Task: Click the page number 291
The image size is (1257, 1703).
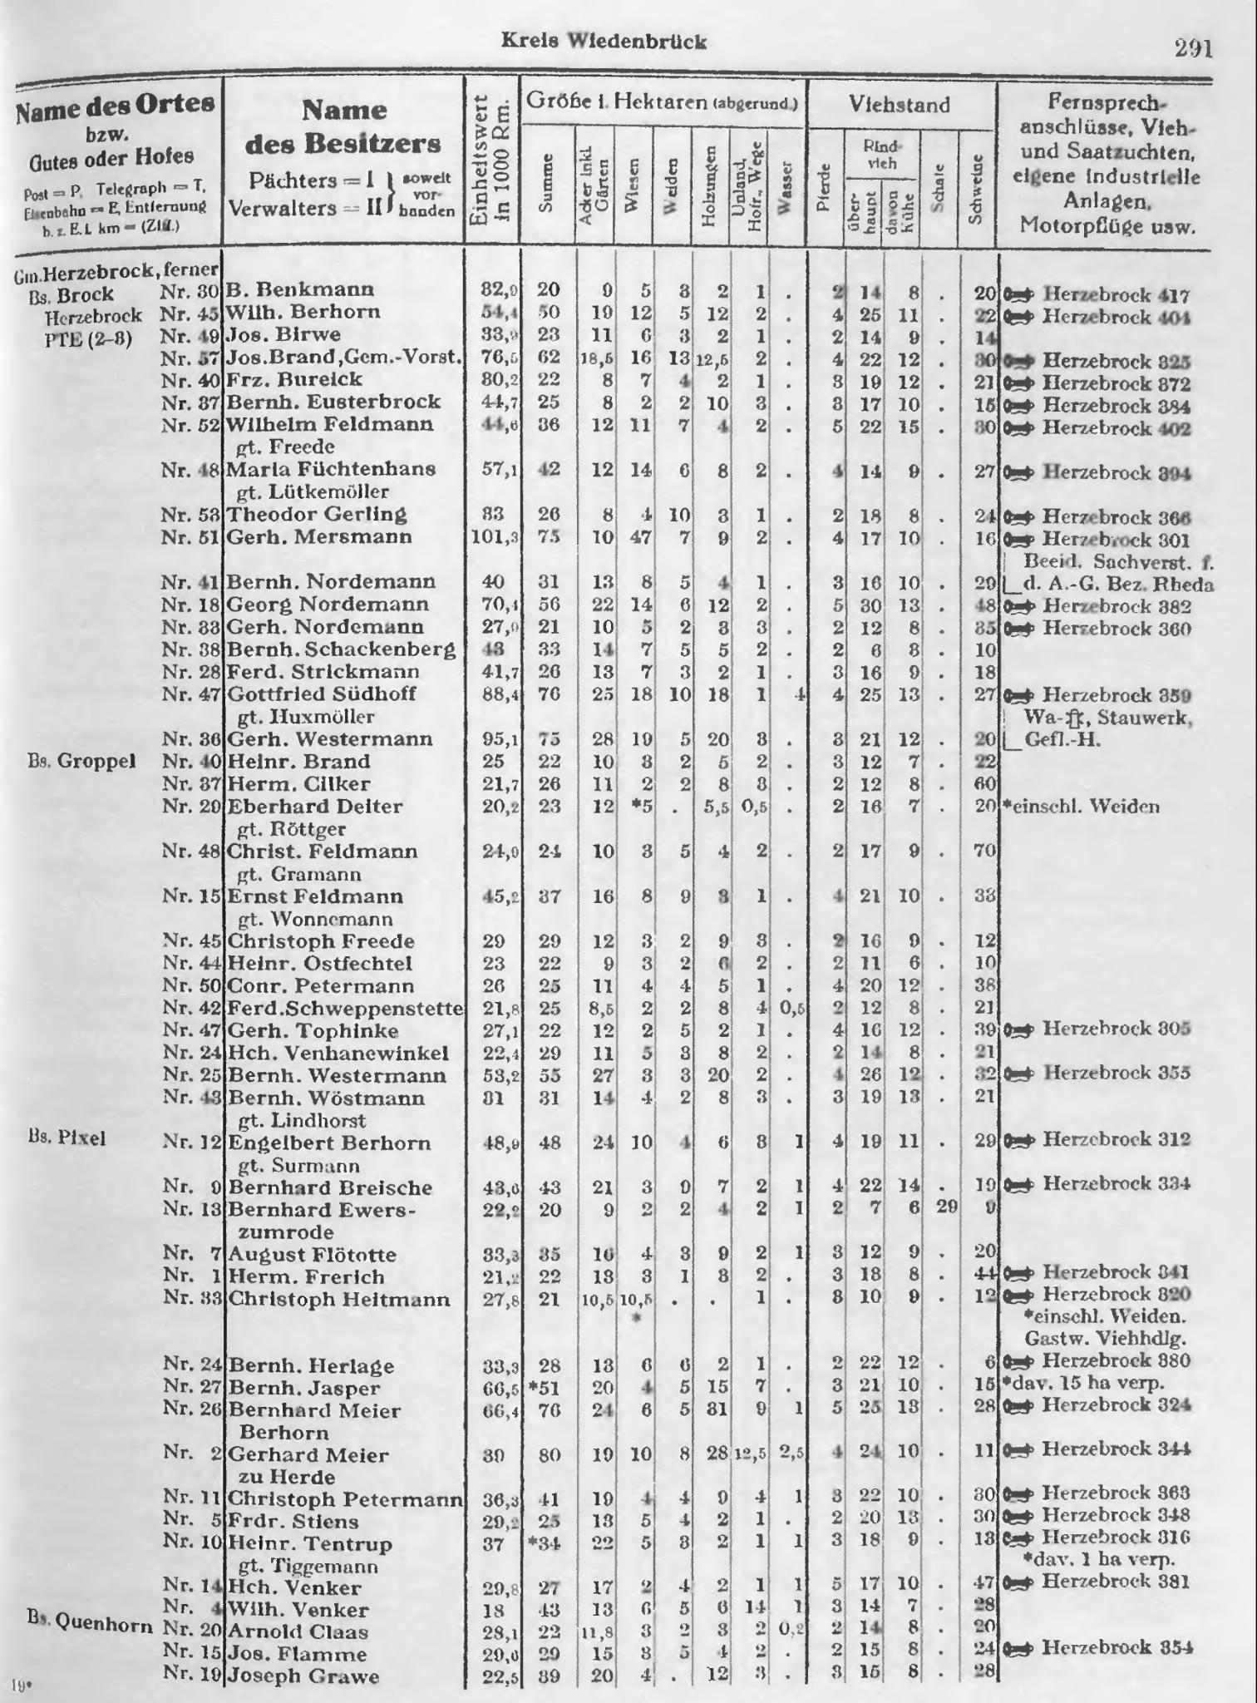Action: pos(1194,48)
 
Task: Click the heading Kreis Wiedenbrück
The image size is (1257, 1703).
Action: pos(604,42)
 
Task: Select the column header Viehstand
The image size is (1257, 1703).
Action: pos(899,105)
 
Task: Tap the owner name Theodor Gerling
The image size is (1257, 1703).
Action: pos(318,514)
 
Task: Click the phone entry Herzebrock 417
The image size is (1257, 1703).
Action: pos(1117,294)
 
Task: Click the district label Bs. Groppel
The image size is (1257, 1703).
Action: pos(81,762)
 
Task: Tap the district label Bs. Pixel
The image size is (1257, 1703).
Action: pos(67,1138)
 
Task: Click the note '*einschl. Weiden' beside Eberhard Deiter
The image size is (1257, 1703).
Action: pos(1082,806)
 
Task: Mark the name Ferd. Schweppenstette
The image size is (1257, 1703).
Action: pos(345,1008)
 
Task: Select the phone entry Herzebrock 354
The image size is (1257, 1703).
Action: pos(1116,1647)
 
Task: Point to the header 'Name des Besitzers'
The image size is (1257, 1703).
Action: pos(343,126)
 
